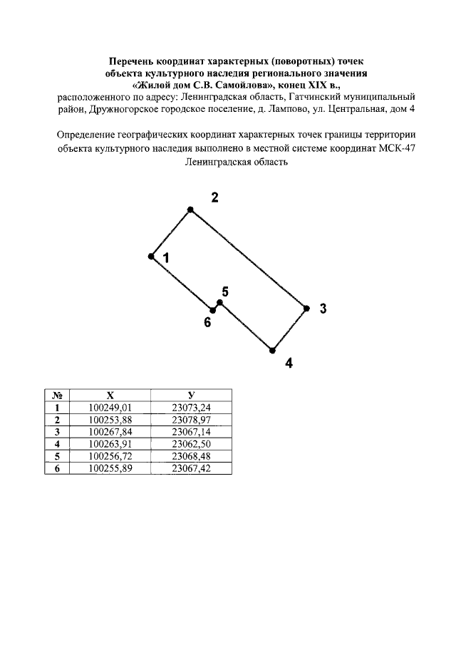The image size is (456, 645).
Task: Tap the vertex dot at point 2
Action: tap(190, 210)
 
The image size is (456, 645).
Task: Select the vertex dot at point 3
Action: tap(306, 308)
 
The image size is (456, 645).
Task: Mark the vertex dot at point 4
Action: tap(272, 350)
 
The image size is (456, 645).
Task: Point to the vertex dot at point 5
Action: tap(220, 303)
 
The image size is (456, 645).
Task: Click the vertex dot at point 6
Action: tap(213, 310)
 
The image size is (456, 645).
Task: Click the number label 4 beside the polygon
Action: tap(289, 363)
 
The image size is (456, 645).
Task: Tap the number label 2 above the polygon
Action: tap(214, 197)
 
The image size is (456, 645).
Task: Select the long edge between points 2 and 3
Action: tap(248, 259)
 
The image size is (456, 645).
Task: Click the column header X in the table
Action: tap(110, 396)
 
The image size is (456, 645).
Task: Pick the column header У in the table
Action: tap(192, 396)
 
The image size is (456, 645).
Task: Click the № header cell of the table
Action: tap(56, 396)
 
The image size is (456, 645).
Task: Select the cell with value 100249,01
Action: tap(110, 408)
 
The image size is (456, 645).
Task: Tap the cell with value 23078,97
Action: tap(192, 420)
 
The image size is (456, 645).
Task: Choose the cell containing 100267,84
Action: tap(110, 433)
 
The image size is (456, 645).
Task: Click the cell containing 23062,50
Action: tap(192, 445)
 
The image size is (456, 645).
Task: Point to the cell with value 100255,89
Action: tap(110, 468)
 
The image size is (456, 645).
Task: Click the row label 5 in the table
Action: tap(56, 456)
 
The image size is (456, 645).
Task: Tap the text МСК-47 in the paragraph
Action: tap(393, 148)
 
